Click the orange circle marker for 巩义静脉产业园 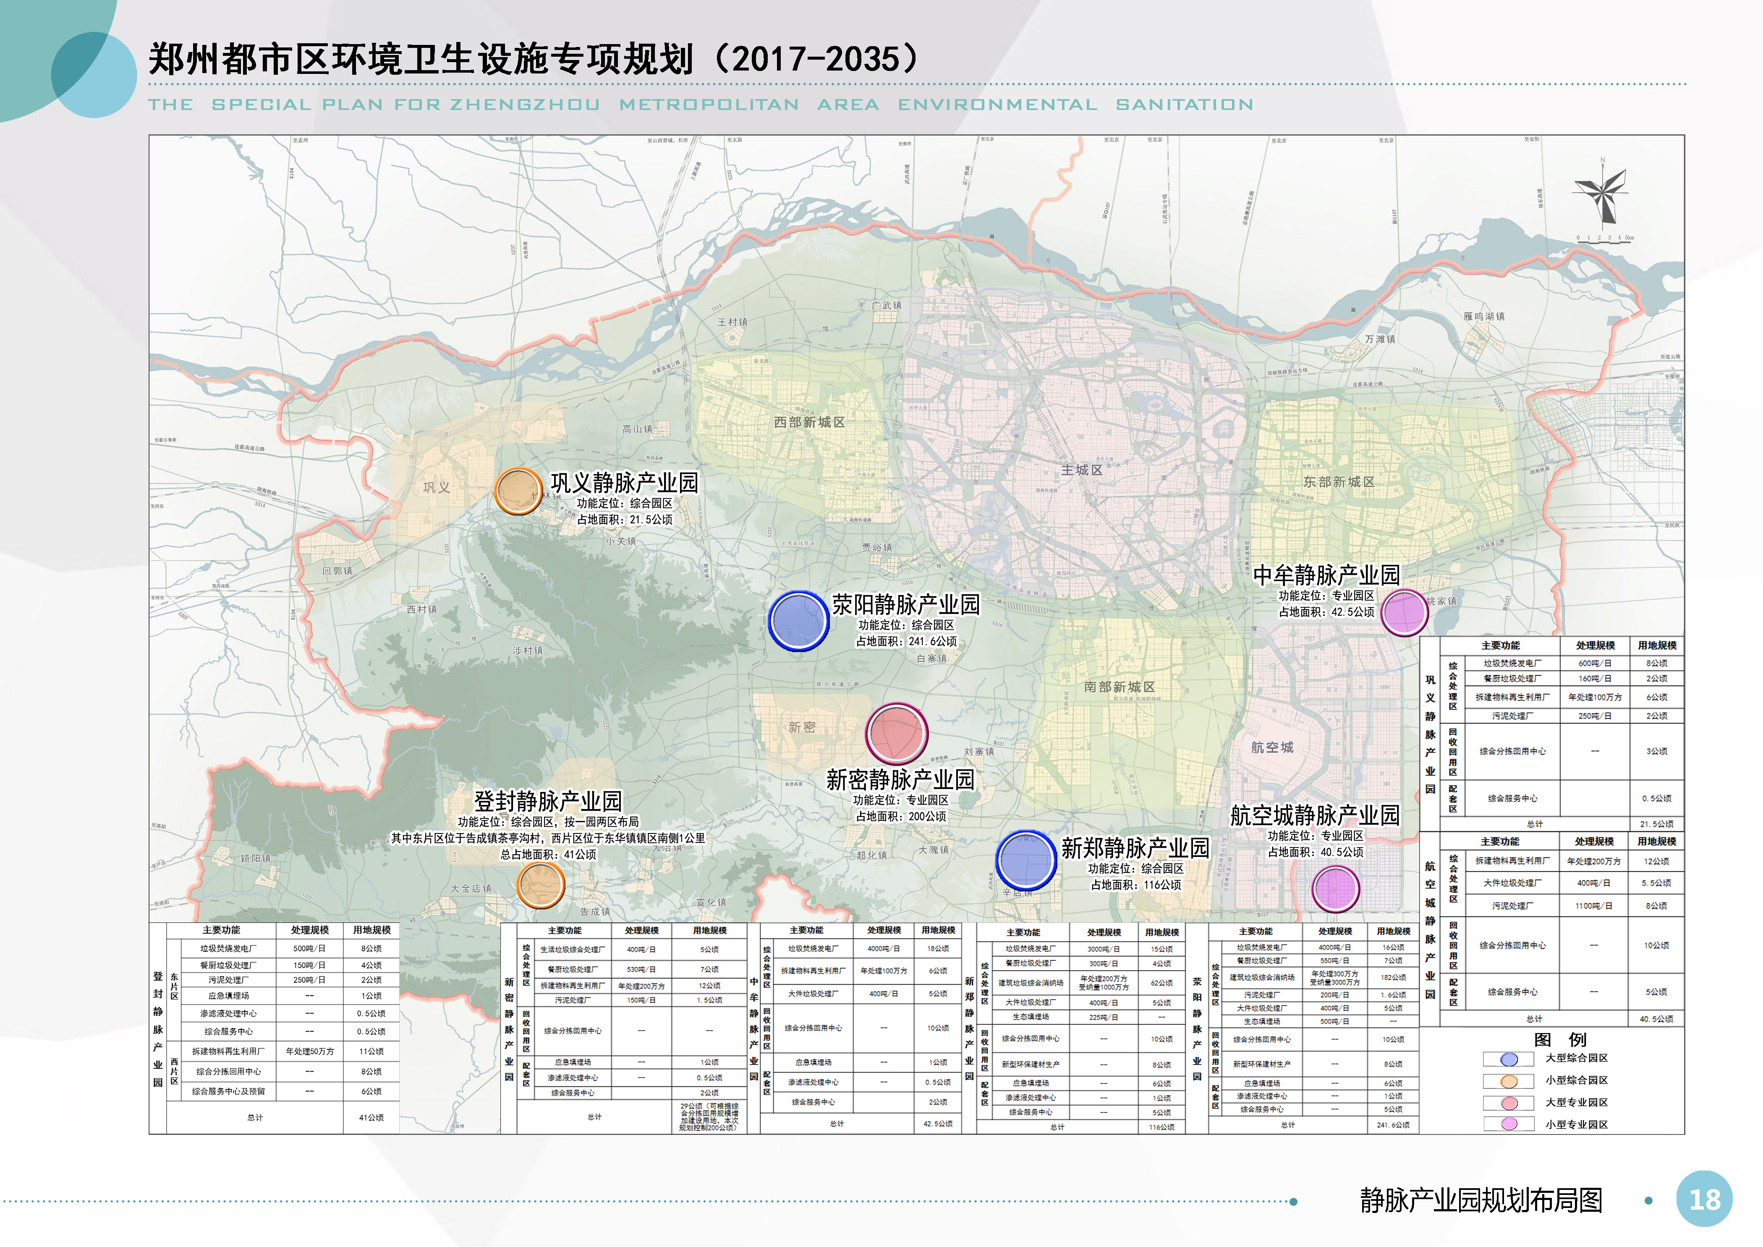point(518,491)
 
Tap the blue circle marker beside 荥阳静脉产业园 point(798,621)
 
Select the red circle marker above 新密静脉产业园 point(896,734)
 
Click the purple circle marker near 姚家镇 point(1405,612)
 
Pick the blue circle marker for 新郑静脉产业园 point(1026,861)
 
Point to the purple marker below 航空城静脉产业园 point(1336,888)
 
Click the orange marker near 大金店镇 point(541,885)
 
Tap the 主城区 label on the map point(1082,470)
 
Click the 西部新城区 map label point(809,422)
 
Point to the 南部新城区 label point(1120,687)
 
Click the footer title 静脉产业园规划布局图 point(1481,1200)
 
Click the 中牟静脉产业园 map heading point(1326,575)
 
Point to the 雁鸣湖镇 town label point(1484,316)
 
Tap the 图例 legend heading point(1560,1040)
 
